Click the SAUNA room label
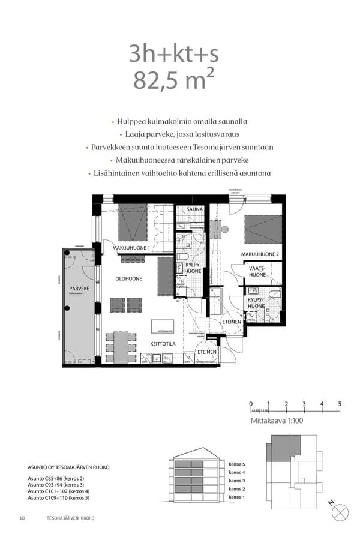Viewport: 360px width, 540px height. coord(194,209)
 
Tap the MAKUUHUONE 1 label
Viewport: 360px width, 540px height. coord(131,248)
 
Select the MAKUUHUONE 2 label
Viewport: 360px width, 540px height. coord(260,254)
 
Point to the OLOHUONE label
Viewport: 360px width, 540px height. coord(128,279)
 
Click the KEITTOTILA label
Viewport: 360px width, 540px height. coord(162,344)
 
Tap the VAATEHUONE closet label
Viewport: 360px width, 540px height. coord(257,271)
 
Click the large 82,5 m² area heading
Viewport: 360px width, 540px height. coord(173,80)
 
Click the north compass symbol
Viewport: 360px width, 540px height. coord(340,512)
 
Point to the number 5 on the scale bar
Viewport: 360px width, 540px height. coord(340,404)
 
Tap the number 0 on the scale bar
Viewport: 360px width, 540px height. coord(251,404)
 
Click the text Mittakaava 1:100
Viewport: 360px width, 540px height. coord(278,422)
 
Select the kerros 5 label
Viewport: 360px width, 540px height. coord(237,464)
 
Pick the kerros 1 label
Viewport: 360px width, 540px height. coord(237,497)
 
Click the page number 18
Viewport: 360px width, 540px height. coord(22,518)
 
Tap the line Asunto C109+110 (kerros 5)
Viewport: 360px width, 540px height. coord(59,498)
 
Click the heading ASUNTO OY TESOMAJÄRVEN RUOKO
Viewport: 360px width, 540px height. coord(69,467)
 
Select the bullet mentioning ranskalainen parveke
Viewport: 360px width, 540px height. coord(179,160)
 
